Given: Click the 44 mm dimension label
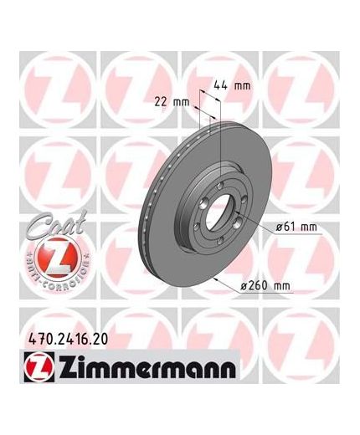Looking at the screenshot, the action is (232, 85).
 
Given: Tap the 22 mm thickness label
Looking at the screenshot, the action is (172, 102).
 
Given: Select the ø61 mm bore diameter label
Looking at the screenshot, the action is (296, 228).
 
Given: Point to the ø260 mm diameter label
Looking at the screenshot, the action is (265, 286).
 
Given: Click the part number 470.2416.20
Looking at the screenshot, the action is (68, 340).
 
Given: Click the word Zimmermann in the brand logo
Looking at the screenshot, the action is (147, 367).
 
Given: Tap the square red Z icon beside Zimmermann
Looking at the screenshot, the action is (39, 367).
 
